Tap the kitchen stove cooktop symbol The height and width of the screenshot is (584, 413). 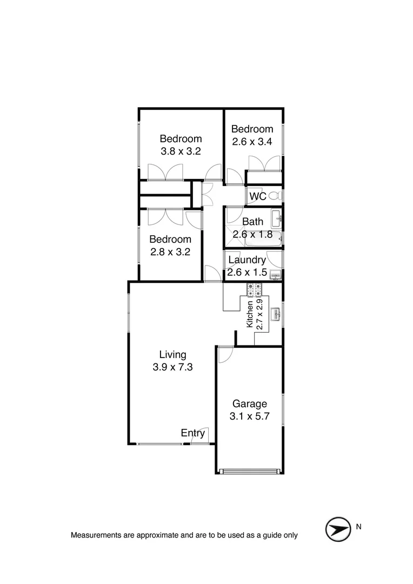(255, 291)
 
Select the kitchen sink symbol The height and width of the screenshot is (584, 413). (275, 313)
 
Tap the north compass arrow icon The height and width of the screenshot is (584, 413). (337, 529)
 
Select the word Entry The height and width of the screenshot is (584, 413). (193, 433)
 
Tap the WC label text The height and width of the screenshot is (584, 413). (258, 196)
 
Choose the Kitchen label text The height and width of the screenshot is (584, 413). (250, 314)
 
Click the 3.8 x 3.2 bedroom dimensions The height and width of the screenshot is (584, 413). (181, 151)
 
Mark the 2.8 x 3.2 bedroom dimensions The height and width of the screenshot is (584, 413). (170, 251)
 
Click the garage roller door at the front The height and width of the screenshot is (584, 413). (250, 471)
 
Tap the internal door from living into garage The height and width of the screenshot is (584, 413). (225, 354)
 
